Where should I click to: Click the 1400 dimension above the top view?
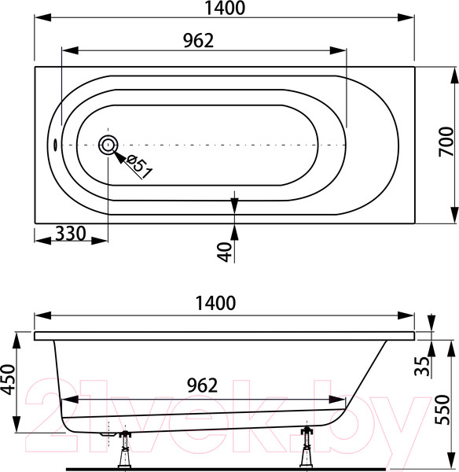225,8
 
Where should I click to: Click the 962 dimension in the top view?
199,40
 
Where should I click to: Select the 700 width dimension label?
446,142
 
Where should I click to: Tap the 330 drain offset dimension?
71,234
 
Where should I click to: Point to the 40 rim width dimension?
225,252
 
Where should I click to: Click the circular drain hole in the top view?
108,145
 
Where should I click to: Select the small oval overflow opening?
55,145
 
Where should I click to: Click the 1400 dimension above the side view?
215,303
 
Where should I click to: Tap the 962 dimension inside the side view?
202,385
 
